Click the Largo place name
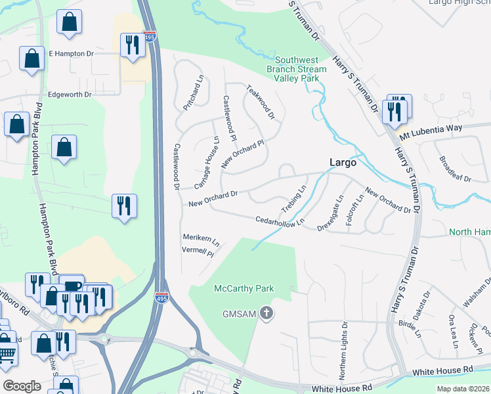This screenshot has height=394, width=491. click(342, 162)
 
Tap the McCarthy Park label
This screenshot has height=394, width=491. click(244, 289)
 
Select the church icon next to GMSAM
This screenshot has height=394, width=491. click(266, 313)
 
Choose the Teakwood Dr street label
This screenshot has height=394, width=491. click(260, 101)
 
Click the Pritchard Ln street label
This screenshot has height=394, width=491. click(195, 95)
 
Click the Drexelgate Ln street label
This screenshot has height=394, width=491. click(331, 211)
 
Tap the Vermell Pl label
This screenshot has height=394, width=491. click(198, 252)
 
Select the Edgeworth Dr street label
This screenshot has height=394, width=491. click(70, 95)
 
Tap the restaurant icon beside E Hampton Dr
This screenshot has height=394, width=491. click(133, 44)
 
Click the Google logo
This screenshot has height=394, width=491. click(22, 385)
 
